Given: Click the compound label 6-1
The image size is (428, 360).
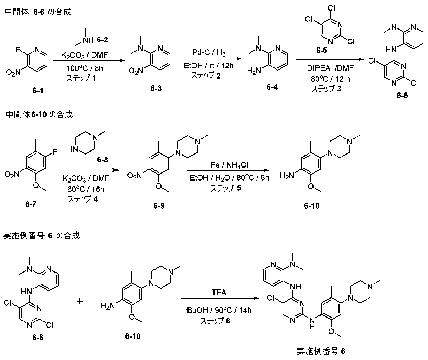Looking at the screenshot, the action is point(38,90).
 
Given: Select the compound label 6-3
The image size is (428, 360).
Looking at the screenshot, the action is point(156,88).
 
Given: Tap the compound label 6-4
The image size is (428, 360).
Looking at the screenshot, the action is point(272,87).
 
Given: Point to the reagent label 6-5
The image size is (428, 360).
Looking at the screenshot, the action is point(321,50).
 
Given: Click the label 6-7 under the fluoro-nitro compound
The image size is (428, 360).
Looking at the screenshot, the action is point(31,204).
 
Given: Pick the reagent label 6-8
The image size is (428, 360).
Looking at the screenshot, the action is point(103,159).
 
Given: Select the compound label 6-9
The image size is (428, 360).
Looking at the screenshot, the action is point(159,205).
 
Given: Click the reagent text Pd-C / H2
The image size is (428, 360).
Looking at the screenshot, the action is point(209,52).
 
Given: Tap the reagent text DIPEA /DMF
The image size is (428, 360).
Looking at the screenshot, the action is point(330,68).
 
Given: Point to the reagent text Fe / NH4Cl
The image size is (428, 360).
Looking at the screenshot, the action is point(229,165).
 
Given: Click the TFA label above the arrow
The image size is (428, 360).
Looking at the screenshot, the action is point(219,292).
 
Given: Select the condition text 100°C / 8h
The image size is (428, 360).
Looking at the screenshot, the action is point(85,68).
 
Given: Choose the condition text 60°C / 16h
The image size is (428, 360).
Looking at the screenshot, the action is point(86,189).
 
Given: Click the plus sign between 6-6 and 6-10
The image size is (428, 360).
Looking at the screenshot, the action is point(80,301).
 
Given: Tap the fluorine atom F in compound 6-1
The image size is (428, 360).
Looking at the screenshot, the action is point(18,50).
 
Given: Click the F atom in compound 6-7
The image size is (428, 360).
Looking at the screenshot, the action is point(55,151).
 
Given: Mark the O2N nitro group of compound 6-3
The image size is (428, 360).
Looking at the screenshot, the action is point(136,71).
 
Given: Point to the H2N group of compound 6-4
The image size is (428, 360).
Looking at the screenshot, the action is point(254,71).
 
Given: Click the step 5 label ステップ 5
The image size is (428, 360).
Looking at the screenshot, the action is point(226,188).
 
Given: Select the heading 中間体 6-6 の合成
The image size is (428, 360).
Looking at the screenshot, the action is point(38,12).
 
